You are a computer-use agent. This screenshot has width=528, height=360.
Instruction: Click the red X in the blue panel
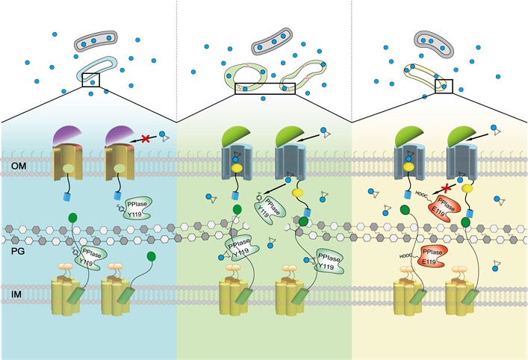coord(146,138)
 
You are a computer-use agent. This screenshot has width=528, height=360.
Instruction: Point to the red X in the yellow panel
coord(446,188)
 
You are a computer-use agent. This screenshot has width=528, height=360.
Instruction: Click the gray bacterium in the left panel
coord(96,40)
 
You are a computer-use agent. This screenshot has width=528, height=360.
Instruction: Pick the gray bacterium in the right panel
coord(434,44)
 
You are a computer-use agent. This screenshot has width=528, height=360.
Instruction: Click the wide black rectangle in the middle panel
coord(264,89)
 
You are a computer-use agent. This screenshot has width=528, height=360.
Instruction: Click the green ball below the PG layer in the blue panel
coord(151,257)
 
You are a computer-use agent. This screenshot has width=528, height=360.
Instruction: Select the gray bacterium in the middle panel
coord(272,41)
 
